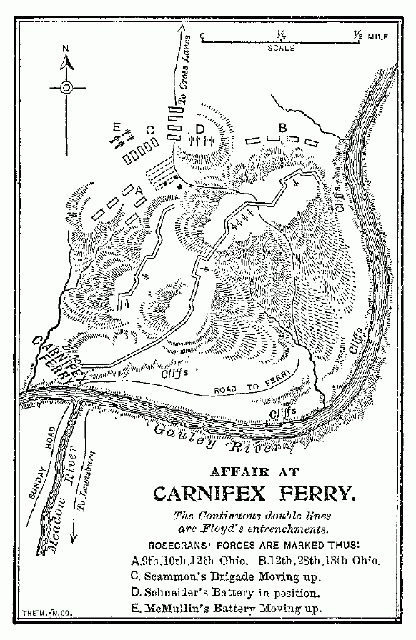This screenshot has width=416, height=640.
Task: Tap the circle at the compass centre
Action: pos(66,88)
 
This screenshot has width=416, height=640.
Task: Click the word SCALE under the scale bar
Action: pos(281,49)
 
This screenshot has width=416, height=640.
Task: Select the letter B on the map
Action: pos(282,127)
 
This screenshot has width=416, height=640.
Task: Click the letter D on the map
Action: pos(200,128)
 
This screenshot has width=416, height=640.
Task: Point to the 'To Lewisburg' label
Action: pos(89,474)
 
